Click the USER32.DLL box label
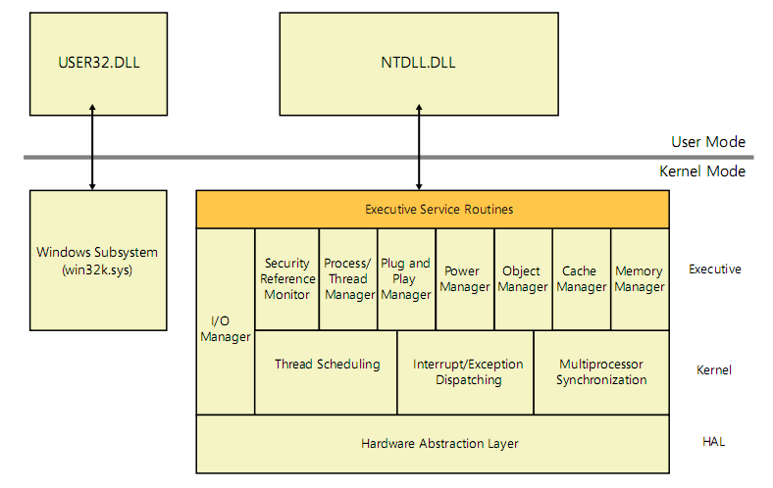coord(99,63)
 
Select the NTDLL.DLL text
coord(418,63)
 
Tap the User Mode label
coord(708,142)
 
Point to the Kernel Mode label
coord(702,171)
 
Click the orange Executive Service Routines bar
coord(433,210)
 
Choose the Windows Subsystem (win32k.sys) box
coord(98,261)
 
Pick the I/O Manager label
coord(226,329)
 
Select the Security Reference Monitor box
coord(286,279)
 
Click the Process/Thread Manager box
coord(348,279)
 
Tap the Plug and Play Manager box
coord(407,279)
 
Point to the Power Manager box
coord(465,279)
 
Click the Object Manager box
coord(523,279)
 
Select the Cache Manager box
coord(582,279)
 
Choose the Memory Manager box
coord(640,279)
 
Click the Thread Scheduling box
coord(326,372)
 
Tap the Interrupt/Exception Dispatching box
coord(465,372)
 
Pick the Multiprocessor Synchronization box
coord(601,372)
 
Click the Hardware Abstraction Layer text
coord(439,444)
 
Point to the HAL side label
coord(713,442)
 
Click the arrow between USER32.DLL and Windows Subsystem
coord(92,147)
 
